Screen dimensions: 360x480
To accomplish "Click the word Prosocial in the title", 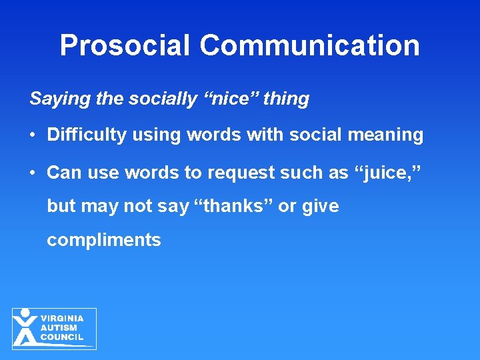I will click(125, 45).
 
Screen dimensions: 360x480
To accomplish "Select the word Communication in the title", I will click(309, 45).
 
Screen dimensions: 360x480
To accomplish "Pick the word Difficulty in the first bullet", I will click(87, 135).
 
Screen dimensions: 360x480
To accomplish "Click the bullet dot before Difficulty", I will click(33, 135).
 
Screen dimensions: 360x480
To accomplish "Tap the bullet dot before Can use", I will click(33, 173).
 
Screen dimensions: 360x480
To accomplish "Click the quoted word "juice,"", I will click(387, 172).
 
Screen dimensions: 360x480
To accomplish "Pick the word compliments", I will click(104, 240).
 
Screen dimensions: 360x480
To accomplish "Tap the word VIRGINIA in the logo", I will click(63, 319).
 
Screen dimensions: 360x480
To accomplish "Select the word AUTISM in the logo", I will click(59, 328).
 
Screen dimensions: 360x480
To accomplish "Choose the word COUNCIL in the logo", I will click(62, 337).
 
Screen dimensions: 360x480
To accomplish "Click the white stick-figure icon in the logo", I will click(25, 327).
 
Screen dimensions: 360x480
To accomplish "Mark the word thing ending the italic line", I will click(286, 99).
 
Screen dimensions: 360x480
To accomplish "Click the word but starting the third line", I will click(61, 206).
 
